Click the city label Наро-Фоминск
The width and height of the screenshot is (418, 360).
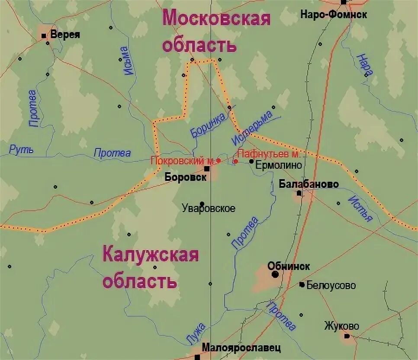pyautogui.click(x=334, y=15)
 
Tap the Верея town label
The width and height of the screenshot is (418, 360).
pyautogui.click(x=65, y=35)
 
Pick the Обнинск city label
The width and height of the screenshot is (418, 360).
pyautogui.click(x=289, y=266)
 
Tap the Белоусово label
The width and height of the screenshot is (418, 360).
pyautogui.click(x=331, y=285)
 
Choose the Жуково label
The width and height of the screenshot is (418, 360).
pyautogui.click(x=341, y=326)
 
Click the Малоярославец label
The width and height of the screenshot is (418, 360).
pyautogui.click(x=241, y=347)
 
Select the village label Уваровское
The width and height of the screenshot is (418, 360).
pyautogui.click(x=209, y=209)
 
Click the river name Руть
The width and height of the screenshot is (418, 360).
pyautogui.click(x=21, y=150)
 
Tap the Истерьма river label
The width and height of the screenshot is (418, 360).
pyautogui.click(x=252, y=129)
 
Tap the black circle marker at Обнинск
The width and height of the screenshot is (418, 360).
pyautogui.click(x=275, y=274)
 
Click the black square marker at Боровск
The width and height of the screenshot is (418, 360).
pyautogui.click(x=207, y=169)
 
